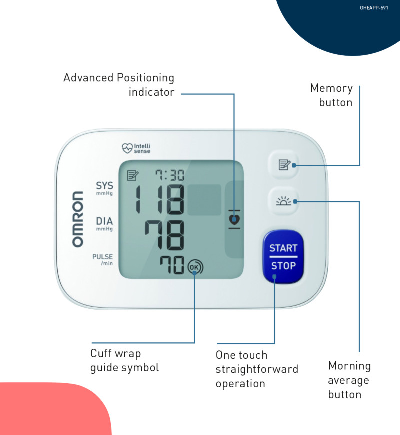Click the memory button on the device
[x=283, y=164]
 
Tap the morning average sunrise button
[x=283, y=201]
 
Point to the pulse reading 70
[x=172, y=266]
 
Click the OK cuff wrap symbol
[x=195, y=267]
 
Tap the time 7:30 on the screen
[x=169, y=175]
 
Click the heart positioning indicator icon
[x=233, y=219]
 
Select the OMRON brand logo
[x=78, y=219]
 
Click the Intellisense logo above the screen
[x=136, y=148]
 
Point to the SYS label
[x=104, y=186]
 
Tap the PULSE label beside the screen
[x=102, y=257]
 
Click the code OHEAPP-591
[x=374, y=8]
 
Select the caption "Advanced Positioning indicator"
[x=119, y=85]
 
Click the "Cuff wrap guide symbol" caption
[x=124, y=360]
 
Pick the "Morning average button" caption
[x=349, y=380]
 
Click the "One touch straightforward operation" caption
[x=256, y=369]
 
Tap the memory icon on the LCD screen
[x=133, y=175]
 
